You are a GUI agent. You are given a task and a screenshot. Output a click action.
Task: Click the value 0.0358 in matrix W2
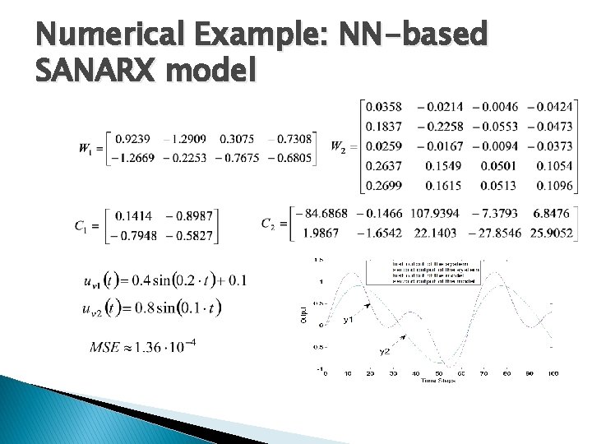pyautogui.click(x=384, y=107)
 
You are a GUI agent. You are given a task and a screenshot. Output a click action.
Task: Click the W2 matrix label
pyautogui.click(x=338, y=146)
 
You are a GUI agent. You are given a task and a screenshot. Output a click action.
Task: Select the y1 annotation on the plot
pyautogui.click(x=349, y=319)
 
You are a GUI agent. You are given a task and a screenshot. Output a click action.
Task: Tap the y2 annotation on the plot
pyautogui.click(x=384, y=351)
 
